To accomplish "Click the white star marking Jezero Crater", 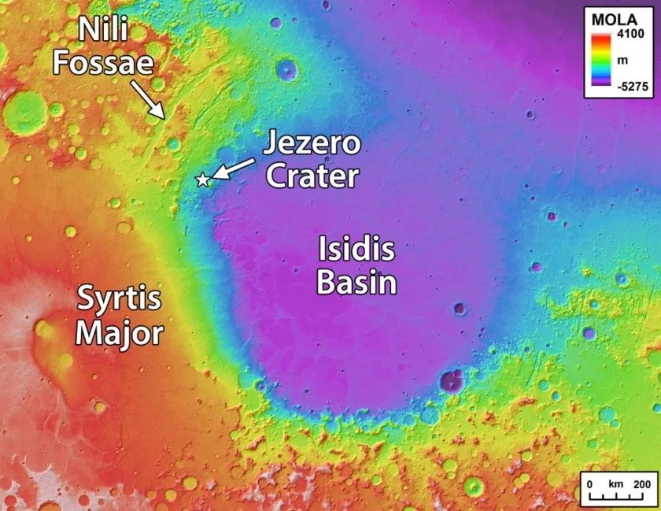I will [x=203, y=180].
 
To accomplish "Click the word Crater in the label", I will [x=312, y=176].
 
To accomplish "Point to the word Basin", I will [x=356, y=282].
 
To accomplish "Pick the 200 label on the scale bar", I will [x=642, y=482].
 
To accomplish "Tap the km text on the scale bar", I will [x=616, y=482].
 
